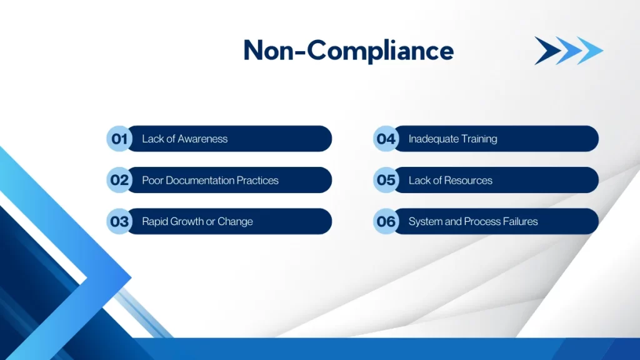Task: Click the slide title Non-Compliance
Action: click(348, 50)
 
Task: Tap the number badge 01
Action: click(119, 139)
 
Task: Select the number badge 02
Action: click(119, 180)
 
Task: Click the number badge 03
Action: click(119, 221)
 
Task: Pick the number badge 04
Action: click(386, 139)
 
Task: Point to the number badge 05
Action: click(386, 180)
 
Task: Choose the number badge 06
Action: click(386, 221)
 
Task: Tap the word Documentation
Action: click(199, 180)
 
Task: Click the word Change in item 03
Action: click(235, 221)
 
